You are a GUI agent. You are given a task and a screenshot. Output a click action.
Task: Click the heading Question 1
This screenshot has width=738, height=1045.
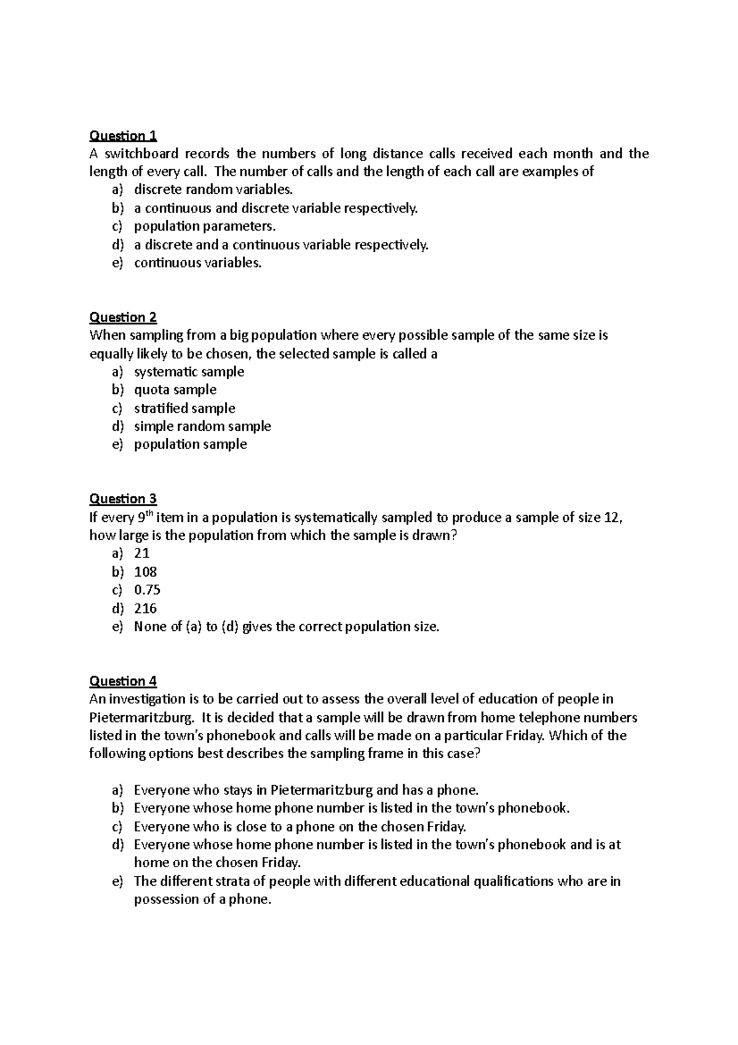[x=123, y=135]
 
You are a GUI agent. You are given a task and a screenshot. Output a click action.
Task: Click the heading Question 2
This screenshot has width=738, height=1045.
[x=123, y=318]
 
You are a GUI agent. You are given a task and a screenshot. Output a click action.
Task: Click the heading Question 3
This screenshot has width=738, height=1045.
[x=123, y=498]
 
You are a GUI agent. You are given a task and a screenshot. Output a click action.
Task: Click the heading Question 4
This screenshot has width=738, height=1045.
[x=123, y=681]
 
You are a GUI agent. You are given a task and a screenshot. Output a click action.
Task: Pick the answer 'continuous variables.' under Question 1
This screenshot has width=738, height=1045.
[x=197, y=263]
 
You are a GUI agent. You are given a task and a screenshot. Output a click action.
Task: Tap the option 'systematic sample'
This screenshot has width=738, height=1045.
[x=189, y=372]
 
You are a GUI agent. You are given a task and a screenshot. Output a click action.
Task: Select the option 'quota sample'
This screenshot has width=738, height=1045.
[x=175, y=390]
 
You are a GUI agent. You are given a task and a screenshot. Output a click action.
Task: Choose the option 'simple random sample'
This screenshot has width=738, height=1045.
[x=202, y=426]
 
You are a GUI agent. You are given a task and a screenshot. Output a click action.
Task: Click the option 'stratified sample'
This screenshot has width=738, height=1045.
[x=184, y=408]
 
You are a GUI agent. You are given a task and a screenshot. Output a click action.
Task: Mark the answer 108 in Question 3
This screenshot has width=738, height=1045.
[x=146, y=572]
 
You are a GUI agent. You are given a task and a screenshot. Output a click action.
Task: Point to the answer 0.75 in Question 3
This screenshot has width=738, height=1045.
[x=147, y=590]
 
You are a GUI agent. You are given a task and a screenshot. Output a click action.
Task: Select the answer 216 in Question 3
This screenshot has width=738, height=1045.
[x=146, y=609]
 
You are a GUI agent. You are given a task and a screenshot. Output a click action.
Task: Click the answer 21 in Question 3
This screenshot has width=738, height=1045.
[x=141, y=553]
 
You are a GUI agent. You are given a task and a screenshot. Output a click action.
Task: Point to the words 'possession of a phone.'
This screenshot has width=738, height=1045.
[x=202, y=900]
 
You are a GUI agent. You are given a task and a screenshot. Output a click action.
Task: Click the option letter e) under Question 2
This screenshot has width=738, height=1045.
[x=117, y=444]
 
